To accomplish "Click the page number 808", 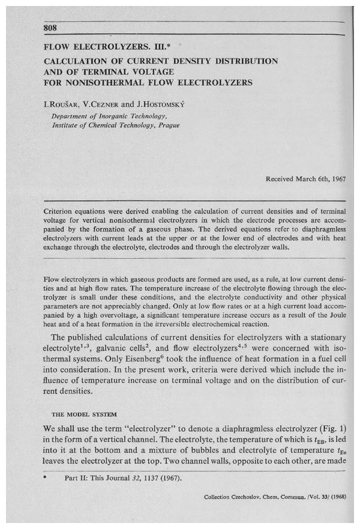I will click(52, 29).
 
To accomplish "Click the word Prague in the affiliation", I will click(167, 125).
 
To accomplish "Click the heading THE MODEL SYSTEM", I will click(81, 413).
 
